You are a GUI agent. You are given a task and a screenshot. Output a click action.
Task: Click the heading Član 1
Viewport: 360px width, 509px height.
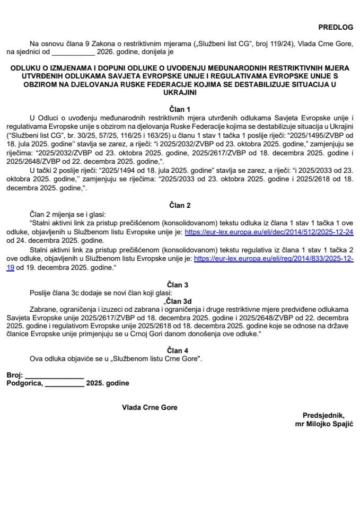(180, 107)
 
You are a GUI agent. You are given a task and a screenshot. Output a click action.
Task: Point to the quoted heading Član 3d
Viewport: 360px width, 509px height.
(181, 299)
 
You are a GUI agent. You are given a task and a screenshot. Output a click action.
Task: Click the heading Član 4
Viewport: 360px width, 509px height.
(180, 350)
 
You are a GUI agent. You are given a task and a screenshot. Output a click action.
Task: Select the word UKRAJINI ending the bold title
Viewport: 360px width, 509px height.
(180, 92)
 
